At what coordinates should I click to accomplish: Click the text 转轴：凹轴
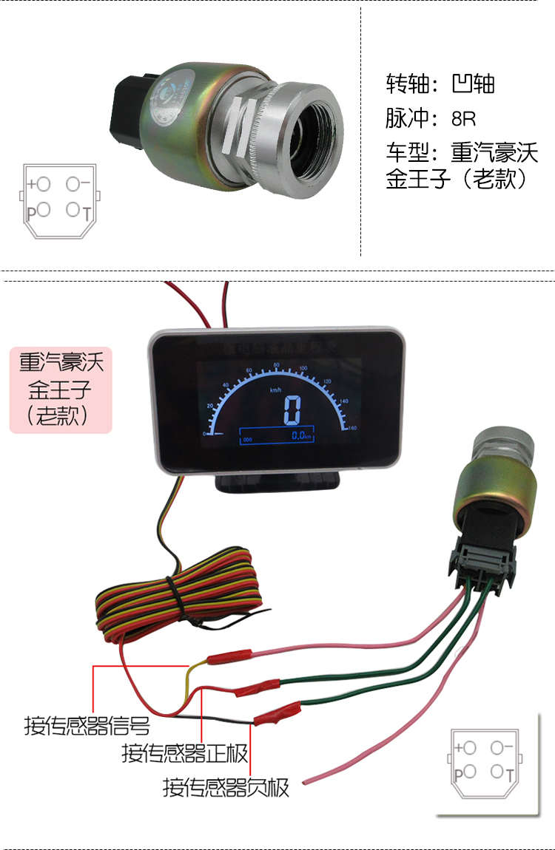pos(440,84)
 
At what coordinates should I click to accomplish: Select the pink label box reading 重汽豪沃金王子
pos(61,390)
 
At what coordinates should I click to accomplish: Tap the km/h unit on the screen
pos(275,390)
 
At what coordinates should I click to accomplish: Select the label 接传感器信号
pos(87,726)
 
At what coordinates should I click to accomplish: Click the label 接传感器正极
pos(185,754)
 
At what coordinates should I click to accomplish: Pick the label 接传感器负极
pos(226,788)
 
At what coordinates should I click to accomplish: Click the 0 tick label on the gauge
pos(205,434)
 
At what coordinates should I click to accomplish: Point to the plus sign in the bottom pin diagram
pos(460,748)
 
